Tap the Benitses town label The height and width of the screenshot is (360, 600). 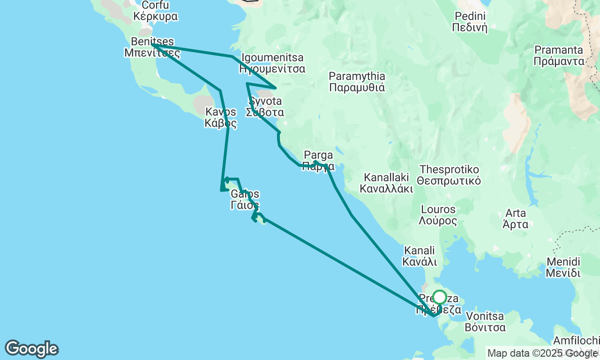click(x=152, y=47)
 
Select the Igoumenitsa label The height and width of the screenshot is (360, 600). click(x=272, y=63)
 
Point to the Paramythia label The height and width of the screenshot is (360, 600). click(x=357, y=82)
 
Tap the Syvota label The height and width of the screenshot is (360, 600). click(x=266, y=106)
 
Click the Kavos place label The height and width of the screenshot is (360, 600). click(x=220, y=118)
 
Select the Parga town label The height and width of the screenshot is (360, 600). click(x=318, y=160)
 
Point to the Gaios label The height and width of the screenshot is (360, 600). click(x=245, y=199)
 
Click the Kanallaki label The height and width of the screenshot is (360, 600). click(x=386, y=183)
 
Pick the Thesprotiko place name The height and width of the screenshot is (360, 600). click(x=450, y=174)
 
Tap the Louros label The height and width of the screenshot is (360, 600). click(x=438, y=215)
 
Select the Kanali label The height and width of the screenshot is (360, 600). click(x=420, y=256)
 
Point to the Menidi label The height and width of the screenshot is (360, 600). click(x=563, y=267)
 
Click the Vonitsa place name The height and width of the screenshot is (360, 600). click(x=485, y=322)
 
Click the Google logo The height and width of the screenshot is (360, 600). click(x=31, y=349)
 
